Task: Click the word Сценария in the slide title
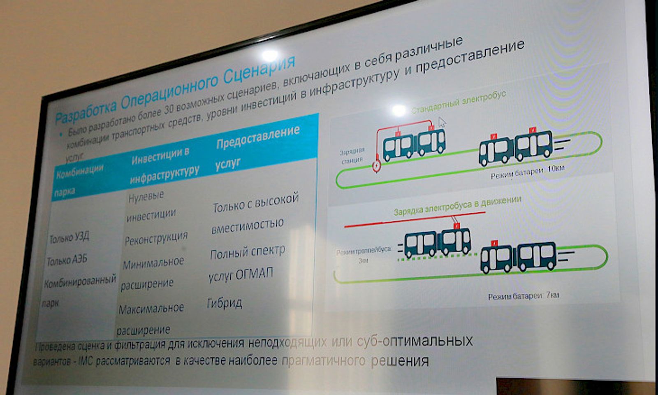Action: coord(259,71)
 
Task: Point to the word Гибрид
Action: coord(225,303)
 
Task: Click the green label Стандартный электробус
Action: coord(459,103)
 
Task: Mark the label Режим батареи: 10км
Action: coord(528,172)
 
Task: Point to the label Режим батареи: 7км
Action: coord(523,296)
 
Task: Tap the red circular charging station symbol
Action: coord(376,166)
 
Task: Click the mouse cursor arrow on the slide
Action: coord(442,123)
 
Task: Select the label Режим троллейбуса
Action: coord(364,251)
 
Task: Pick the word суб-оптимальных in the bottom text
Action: coord(415,341)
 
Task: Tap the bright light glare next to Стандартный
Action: coord(398,110)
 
